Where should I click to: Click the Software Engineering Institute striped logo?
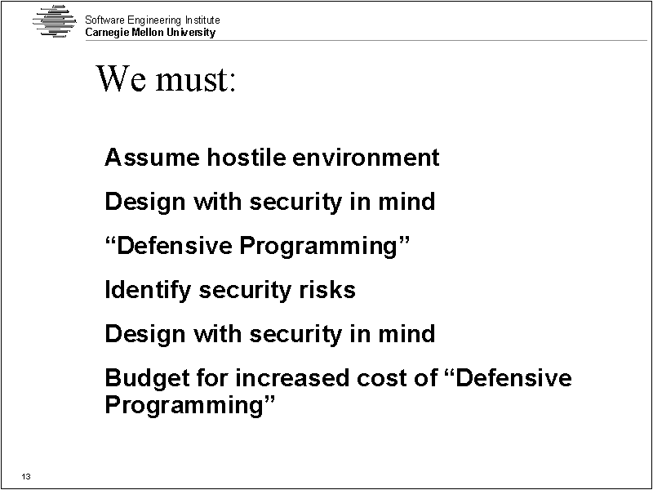(55, 21)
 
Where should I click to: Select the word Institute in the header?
(202, 20)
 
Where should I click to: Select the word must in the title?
(192, 79)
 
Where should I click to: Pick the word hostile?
(247, 157)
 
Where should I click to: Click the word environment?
(366, 158)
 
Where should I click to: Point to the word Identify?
(148, 290)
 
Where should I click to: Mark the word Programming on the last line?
(190, 404)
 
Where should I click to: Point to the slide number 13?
(26, 476)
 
